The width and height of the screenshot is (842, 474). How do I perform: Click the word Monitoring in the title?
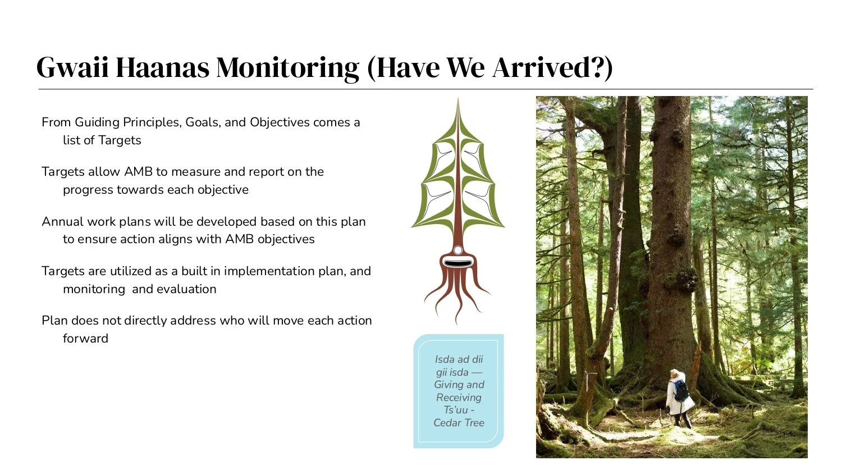pyautogui.click(x=287, y=67)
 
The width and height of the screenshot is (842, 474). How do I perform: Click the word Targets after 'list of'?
pyautogui.click(x=120, y=140)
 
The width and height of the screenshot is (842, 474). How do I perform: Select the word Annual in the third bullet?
pyautogui.click(x=62, y=222)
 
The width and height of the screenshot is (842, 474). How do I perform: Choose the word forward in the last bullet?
pyautogui.click(x=85, y=339)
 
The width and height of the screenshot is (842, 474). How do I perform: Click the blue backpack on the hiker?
pyautogui.click(x=681, y=391)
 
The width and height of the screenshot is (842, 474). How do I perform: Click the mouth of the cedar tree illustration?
pyautogui.click(x=458, y=262)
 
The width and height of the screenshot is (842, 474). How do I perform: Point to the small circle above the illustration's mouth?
pyautogui.click(x=458, y=250)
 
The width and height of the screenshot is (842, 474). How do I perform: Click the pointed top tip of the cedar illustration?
pyautogui.click(x=459, y=101)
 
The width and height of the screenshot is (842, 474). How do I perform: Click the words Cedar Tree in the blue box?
pyautogui.click(x=459, y=423)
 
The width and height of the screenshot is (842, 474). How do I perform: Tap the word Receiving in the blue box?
pyautogui.click(x=459, y=398)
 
